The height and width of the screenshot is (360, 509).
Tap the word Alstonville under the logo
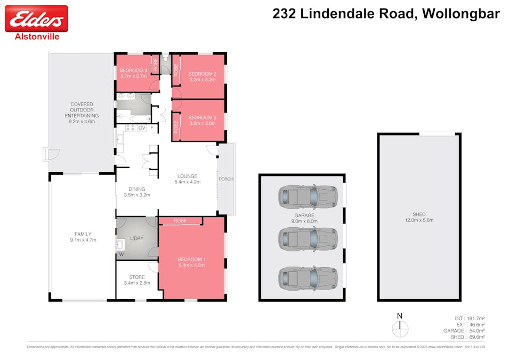(x=36, y=37)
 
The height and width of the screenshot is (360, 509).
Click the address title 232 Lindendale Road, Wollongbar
(x=386, y=14)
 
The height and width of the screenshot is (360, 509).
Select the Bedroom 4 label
(x=133, y=71)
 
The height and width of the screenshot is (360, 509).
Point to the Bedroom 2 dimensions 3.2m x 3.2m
(x=202, y=79)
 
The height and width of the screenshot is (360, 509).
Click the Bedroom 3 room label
(x=202, y=117)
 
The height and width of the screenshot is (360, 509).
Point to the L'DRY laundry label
(x=138, y=238)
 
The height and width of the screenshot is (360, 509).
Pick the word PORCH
(x=226, y=179)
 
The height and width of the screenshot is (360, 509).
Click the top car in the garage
(x=308, y=197)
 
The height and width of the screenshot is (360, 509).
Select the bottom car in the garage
(x=308, y=278)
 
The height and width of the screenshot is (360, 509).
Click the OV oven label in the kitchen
(x=142, y=128)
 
